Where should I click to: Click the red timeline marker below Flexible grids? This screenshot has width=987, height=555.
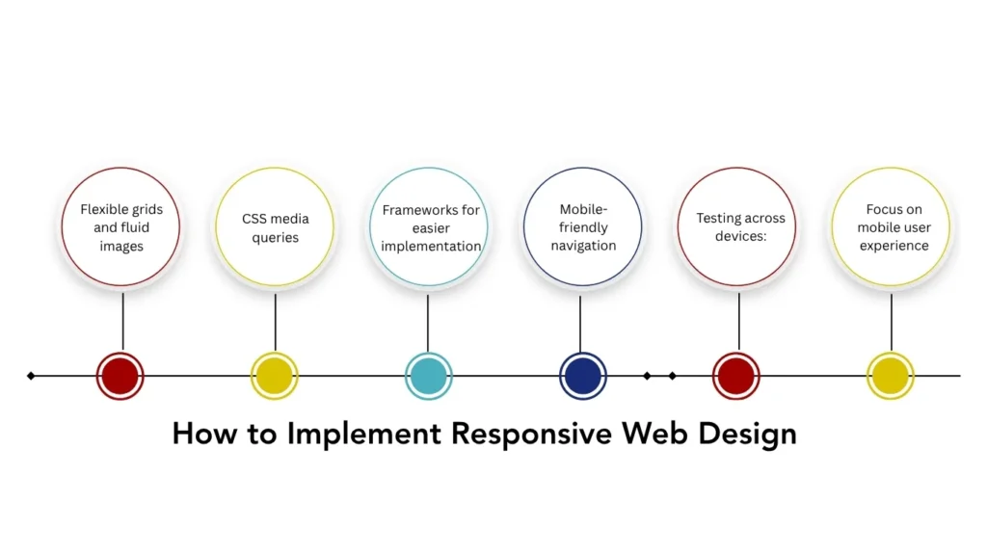tap(120, 376)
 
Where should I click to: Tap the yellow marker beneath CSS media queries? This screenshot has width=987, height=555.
tap(274, 376)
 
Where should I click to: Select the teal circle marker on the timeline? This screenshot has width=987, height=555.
tap(428, 376)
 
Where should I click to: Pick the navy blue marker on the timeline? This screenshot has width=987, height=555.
tap(582, 376)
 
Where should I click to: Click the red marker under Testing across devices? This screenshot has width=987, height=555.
tap(735, 376)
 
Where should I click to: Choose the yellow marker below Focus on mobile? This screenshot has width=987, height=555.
tap(890, 376)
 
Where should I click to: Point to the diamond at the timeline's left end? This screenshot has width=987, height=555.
tap(31, 376)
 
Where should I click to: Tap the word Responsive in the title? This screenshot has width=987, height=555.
tap(532, 434)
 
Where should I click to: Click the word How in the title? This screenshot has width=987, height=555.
tap(203, 434)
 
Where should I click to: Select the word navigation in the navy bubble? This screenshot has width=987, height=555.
tap(583, 246)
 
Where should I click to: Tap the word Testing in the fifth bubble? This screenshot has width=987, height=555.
tap(719, 219)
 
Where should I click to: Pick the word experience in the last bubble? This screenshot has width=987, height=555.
tap(894, 246)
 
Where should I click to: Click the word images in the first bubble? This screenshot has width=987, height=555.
tap(120, 247)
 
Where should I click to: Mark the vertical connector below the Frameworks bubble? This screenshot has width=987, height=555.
tap(428, 323)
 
